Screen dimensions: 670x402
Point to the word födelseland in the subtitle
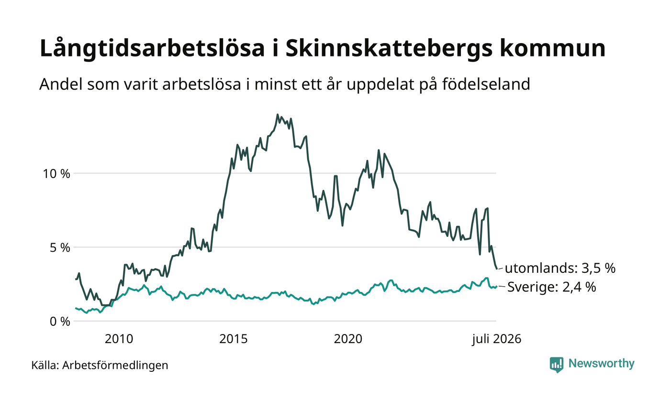[x=486, y=84]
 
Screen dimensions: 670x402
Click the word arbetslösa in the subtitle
[x=202, y=84]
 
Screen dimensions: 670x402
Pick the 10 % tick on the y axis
[x=56, y=173]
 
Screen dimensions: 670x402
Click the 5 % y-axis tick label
[x=60, y=248]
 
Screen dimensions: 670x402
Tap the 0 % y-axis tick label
[x=60, y=322]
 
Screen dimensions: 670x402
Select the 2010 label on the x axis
[x=119, y=339]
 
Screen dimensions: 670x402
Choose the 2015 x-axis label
[x=234, y=339]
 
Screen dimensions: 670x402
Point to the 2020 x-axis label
[x=348, y=339]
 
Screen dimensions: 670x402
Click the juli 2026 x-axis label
[x=497, y=339]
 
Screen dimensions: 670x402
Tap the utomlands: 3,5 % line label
[x=560, y=268]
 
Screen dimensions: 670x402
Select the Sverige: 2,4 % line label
[x=551, y=287]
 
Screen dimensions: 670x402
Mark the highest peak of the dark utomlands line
[x=278, y=114]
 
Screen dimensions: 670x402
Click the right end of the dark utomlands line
[x=497, y=268]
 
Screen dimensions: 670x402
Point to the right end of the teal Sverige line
[x=497, y=286]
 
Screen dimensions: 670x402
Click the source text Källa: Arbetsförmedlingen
[x=100, y=365]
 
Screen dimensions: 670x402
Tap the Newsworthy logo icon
[x=556, y=365]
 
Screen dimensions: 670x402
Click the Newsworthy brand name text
[x=601, y=363]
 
